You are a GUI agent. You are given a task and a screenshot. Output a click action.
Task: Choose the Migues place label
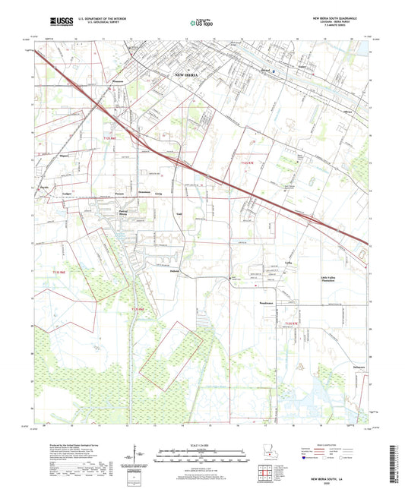64,155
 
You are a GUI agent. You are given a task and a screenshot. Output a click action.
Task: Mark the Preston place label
120,193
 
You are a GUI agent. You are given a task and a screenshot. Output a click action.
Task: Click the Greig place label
158,194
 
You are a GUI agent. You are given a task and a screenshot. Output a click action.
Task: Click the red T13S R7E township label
291,324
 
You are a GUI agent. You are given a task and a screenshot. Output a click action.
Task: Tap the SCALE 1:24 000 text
202,445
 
